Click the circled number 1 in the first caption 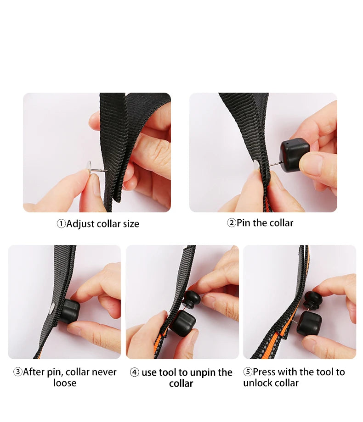(x=61, y=224)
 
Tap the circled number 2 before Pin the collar (x=232, y=223)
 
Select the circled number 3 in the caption (x=18, y=372)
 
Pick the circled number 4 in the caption (x=134, y=372)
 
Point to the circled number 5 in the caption (x=248, y=372)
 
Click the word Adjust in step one (x=80, y=224)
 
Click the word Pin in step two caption (x=244, y=223)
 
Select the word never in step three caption (x=104, y=372)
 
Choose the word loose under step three (x=65, y=383)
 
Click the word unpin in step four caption (x=202, y=373)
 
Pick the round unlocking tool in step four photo (x=192, y=299)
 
